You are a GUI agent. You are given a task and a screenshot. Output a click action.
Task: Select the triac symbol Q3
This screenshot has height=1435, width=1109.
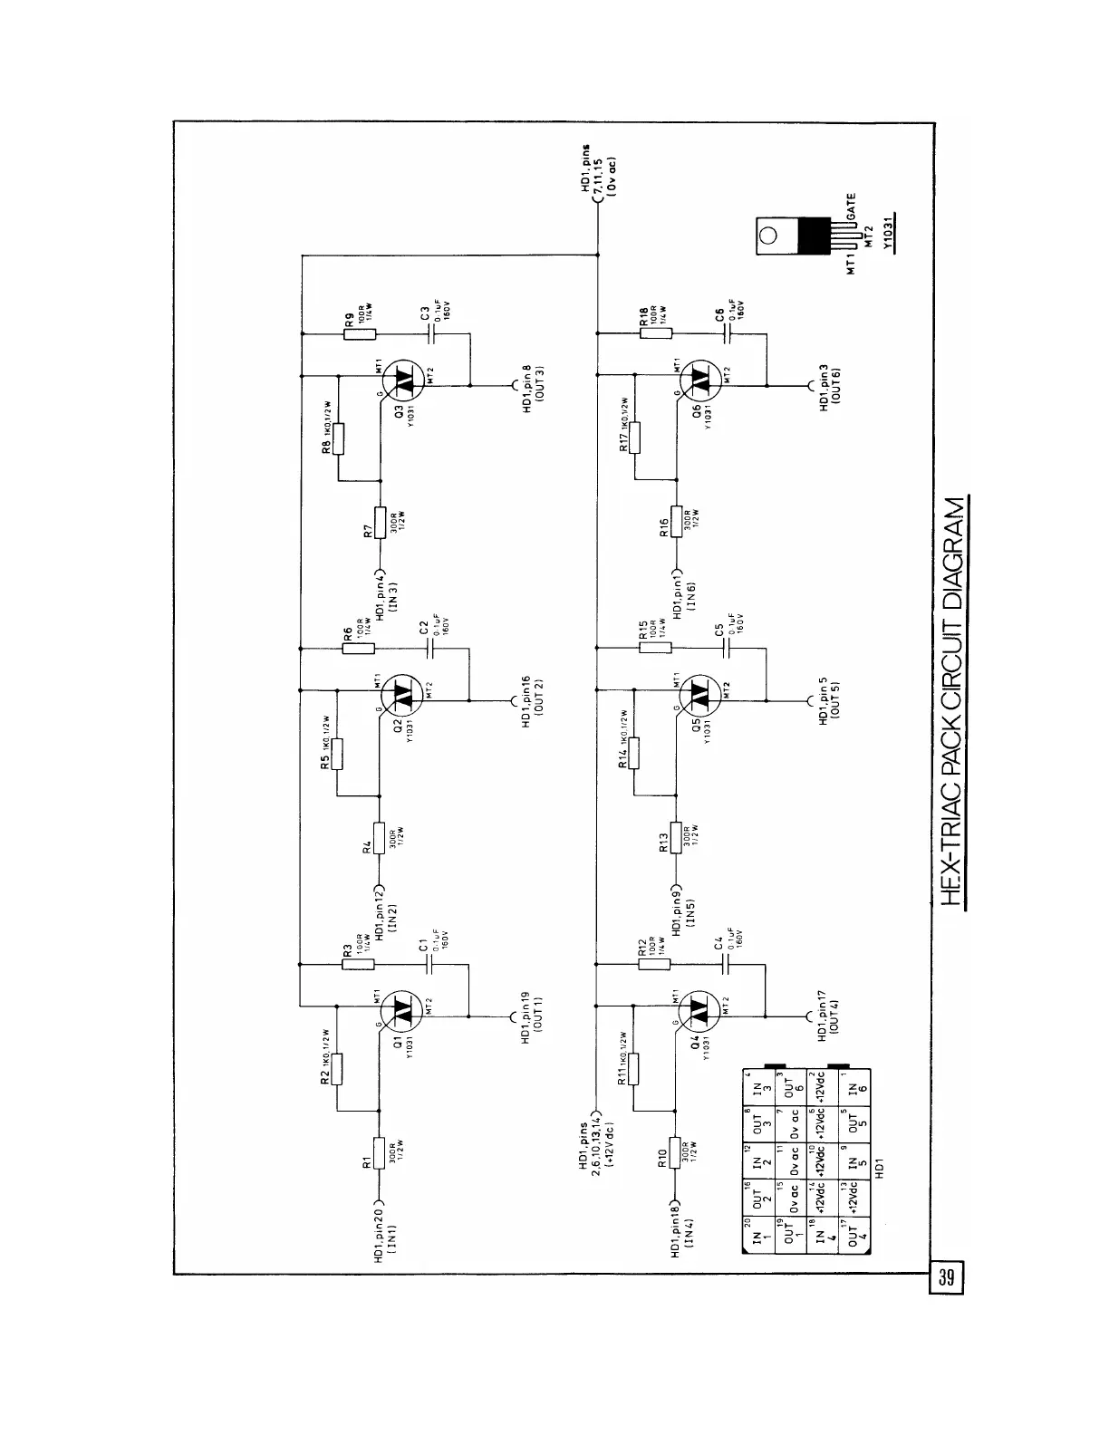pyautogui.click(x=401, y=384)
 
